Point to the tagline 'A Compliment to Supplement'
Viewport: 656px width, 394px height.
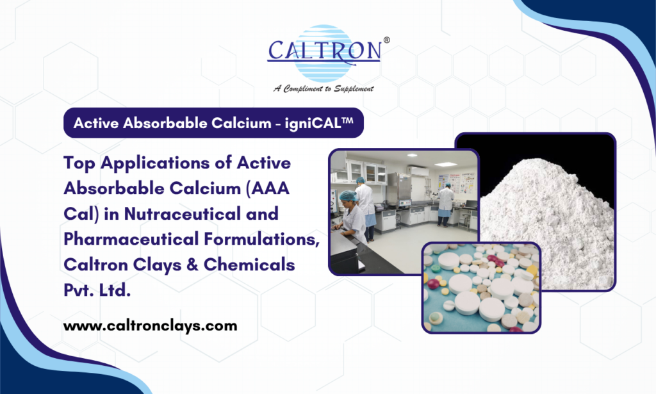coord(324,88)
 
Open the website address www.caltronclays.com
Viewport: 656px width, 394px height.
coord(150,325)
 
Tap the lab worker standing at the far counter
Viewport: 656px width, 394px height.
coord(446,204)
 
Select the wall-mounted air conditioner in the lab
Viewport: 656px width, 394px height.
coord(418,170)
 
